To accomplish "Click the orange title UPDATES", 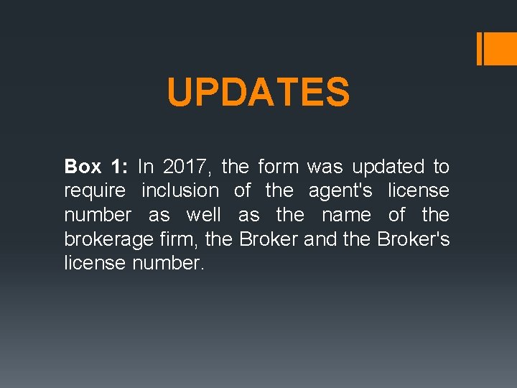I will (x=258, y=93).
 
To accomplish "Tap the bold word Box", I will (x=83, y=167).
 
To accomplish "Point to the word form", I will (x=278, y=167).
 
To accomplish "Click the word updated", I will (x=388, y=167).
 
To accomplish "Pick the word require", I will (x=95, y=191).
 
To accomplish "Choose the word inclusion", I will (x=180, y=191).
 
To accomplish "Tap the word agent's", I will (x=340, y=191).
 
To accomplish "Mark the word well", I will (x=203, y=215).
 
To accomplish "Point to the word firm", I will (x=182, y=239).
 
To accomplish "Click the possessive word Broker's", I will (x=413, y=239).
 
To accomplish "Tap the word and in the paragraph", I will (x=320, y=239).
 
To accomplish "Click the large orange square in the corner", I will (x=502, y=50).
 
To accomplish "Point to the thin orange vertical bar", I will (x=479, y=50).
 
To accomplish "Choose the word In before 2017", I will (x=146, y=167).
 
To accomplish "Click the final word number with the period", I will (x=169, y=264).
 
